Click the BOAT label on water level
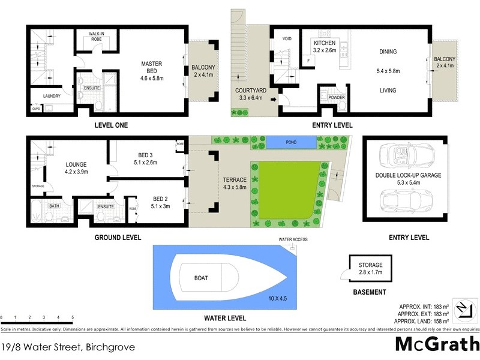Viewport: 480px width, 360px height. pos(201,278)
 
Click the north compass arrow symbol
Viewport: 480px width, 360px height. pos(463,309)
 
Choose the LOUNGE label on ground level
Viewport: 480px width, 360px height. pos(76,164)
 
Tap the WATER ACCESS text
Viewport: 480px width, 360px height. pos(293,240)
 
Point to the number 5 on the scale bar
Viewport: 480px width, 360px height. pos(73,316)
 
